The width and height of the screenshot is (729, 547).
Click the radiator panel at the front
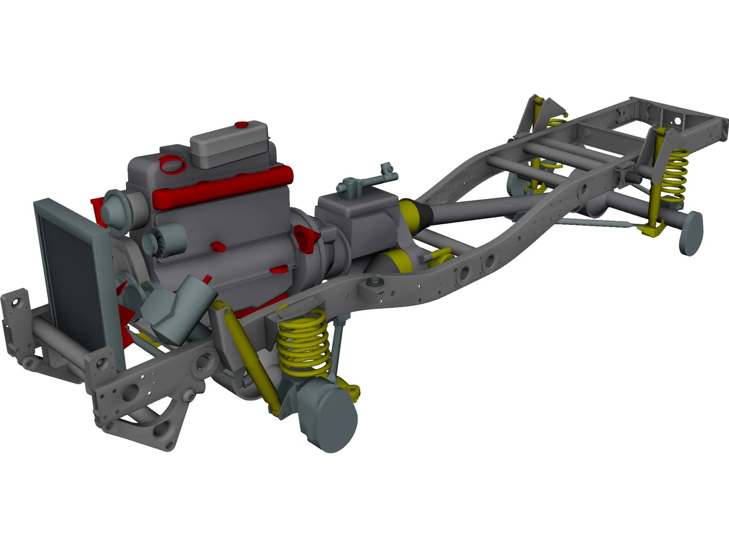coord(68,269)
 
